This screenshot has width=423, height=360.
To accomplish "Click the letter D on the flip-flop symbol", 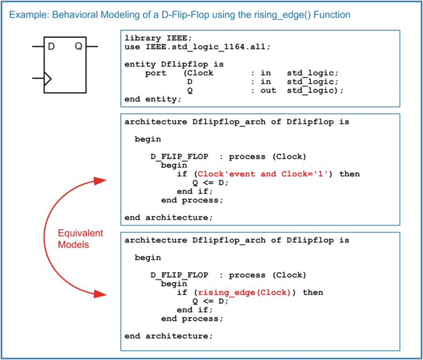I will click(x=51, y=47).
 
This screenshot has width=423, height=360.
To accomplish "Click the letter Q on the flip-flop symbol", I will click(x=79, y=47).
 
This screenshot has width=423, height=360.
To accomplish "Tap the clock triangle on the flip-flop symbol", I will click(x=47, y=79).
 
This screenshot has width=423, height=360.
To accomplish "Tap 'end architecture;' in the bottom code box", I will click(x=169, y=336).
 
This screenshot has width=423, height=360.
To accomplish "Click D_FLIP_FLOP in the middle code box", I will click(x=179, y=157).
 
